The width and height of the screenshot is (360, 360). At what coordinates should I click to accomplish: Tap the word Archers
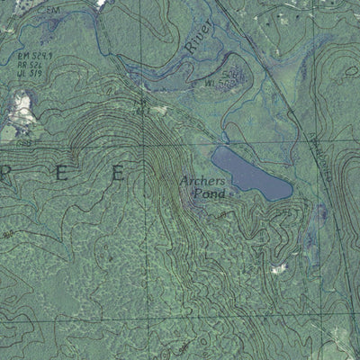(x=202, y=180)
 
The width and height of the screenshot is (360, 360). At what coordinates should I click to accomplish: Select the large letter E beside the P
(x=61, y=175)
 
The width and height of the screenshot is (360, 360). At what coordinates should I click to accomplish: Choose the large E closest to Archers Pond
(x=117, y=175)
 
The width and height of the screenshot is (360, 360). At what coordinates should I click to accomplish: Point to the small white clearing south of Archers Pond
(x=279, y=267)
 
